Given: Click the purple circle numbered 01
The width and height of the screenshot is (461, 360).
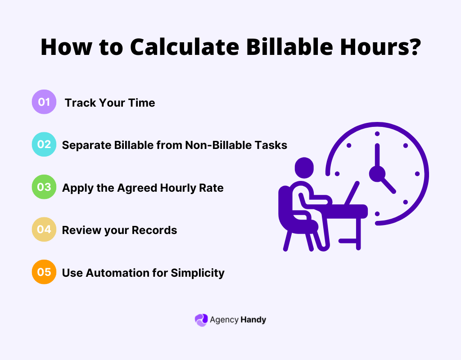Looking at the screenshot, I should (44, 102).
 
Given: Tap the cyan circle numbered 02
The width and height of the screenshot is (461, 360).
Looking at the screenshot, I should (44, 144).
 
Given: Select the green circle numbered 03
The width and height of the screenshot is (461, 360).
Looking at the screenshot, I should (44, 187).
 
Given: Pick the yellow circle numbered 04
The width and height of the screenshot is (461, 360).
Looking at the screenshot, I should (44, 229).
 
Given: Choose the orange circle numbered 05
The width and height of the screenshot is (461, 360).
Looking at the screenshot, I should (44, 272).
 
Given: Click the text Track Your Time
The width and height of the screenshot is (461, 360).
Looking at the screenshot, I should (110, 103).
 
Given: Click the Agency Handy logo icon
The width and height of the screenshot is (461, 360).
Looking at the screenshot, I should (201, 320).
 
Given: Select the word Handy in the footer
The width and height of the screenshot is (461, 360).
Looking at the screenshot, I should (253, 320).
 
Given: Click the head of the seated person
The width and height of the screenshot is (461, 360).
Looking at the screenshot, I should (304, 167).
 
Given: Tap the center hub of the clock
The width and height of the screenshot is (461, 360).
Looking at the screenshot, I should (377, 173).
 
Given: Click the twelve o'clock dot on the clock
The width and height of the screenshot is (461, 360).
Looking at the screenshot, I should (377, 134).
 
